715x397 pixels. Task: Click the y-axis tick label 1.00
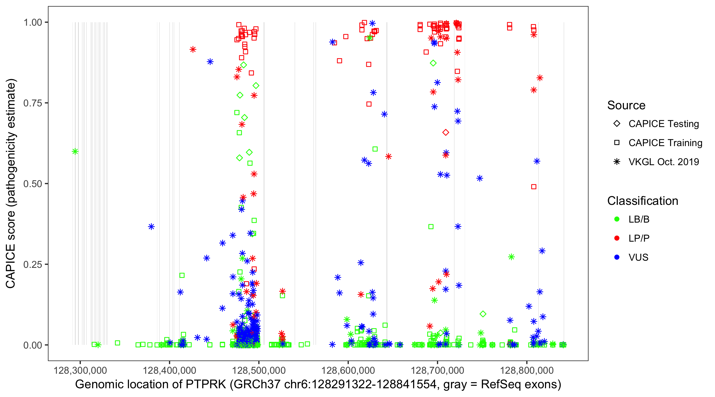(x=33, y=22)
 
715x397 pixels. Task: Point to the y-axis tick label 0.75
(x=33, y=103)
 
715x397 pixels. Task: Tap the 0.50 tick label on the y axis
(x=33, y=184)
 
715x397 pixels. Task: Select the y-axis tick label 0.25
(x=33, y=264)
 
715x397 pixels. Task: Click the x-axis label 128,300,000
(x=80, y=370)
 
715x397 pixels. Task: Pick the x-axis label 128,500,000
(x=259, y=370)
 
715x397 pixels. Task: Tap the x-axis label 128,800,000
(x=526, y=370)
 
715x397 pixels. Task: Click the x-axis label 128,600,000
(x=348, y=370)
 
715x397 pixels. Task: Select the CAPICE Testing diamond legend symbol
(x=617, y=124)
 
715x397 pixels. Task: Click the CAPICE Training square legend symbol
(x=617, y=143)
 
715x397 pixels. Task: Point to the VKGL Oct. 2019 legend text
(x=664, y=162)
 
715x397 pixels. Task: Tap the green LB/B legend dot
(x=617, y=219)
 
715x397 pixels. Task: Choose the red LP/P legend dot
(x=617, y=238)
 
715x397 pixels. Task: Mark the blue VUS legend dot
(x=617, y=257)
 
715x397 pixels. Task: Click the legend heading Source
(x=626, y=105)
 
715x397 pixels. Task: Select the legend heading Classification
(x=642, y=201)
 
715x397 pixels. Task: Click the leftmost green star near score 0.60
(x=75, y=151)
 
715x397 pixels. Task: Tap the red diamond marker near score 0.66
(x=445, y=133)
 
